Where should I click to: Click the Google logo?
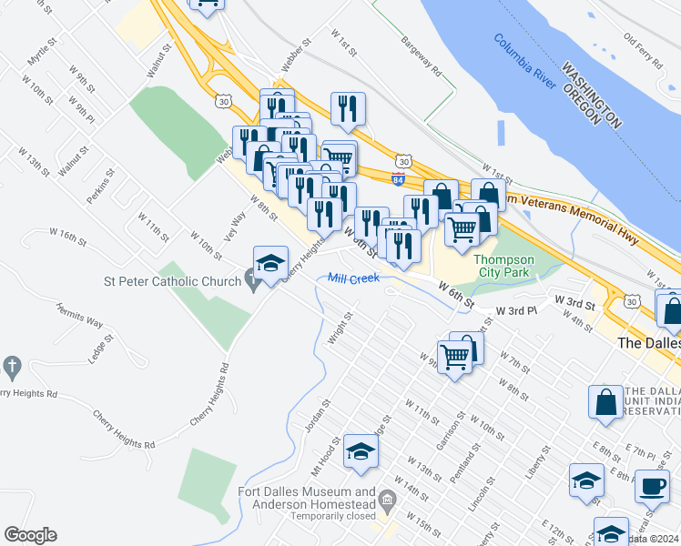point(30,535)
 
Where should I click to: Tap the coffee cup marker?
point(651,485)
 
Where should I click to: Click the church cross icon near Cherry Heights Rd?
point(12,367)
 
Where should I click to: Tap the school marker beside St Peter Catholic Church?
point(270,263)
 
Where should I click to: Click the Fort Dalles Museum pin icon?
point(388,500)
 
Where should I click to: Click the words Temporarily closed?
point(333,515)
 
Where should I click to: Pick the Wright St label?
point(342,323)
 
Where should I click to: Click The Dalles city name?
point(647,343)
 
